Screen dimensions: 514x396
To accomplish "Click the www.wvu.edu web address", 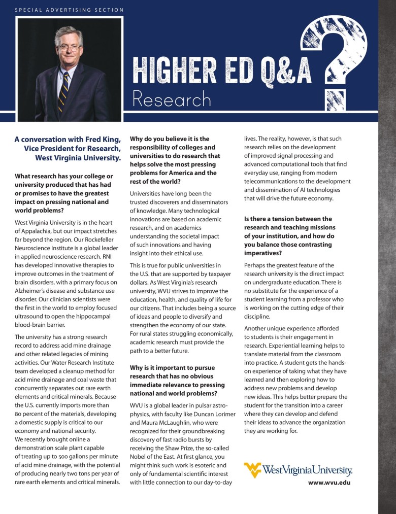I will click(x=329, y=483).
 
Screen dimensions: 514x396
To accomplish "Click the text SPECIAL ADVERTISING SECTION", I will click(x=69, y=10).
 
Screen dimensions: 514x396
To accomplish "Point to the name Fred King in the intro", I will click(x=104, y=139).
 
